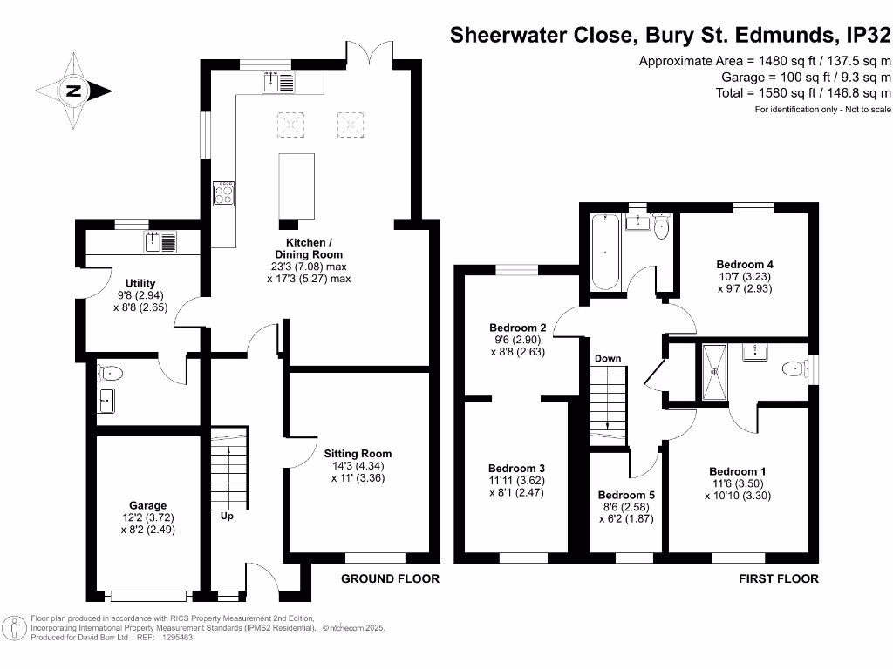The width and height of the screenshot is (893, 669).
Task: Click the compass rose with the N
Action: pyautogui.click(x=73, y=90)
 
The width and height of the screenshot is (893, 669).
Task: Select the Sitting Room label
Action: pyautogui.click(x=358, y=453)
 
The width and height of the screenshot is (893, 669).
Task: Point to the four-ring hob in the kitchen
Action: pyautogui.click(x=223, y=193)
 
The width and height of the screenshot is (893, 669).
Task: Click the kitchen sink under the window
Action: pyautogui.click(x=279, y=82)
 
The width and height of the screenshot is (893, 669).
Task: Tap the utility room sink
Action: pyautogui.click(x=161, y=241)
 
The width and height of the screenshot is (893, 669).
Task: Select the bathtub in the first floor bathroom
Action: pyautogui.click(x=605, y=253)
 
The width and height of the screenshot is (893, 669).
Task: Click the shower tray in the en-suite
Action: pyautogui.click(x=717, y=372)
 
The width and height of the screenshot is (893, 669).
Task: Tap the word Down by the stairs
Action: pyautogui.click(x=607, y=358)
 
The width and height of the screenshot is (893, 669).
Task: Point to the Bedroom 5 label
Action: pyautogui.click(x=625, y=495)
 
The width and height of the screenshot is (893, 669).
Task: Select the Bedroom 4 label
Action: pyautogui.click(x=745, y=264)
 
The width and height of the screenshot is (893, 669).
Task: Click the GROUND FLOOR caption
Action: pyautogui.click(x=390, y=578)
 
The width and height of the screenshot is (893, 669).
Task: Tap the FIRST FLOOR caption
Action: pyautogui.click(x=779, y=578)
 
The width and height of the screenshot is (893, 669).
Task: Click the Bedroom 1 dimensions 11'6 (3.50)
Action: pyautogui.click(x=737, y=483)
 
